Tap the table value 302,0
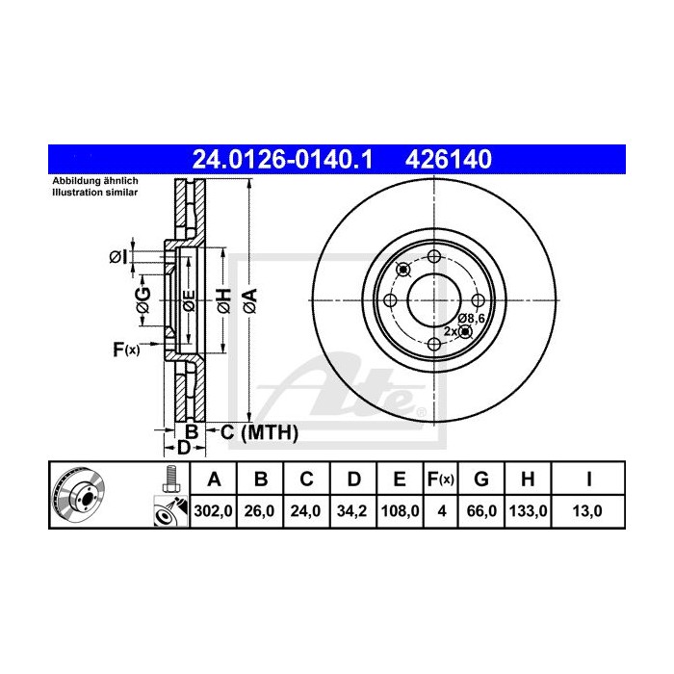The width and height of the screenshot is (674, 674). pos(214,512)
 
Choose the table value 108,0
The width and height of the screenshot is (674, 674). pos(397,512)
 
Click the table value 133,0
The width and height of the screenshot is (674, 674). pos(529,512)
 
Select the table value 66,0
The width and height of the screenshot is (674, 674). pos(484,512)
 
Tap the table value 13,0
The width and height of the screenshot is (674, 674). pos(589,512)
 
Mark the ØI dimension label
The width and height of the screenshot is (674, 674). pos(117,256)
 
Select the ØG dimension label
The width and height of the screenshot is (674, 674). pos(142,298)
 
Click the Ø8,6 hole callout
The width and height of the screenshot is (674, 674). pos(471,317)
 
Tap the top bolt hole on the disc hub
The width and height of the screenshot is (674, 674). pos(433,256)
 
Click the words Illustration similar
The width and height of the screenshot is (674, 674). pos(94,193)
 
